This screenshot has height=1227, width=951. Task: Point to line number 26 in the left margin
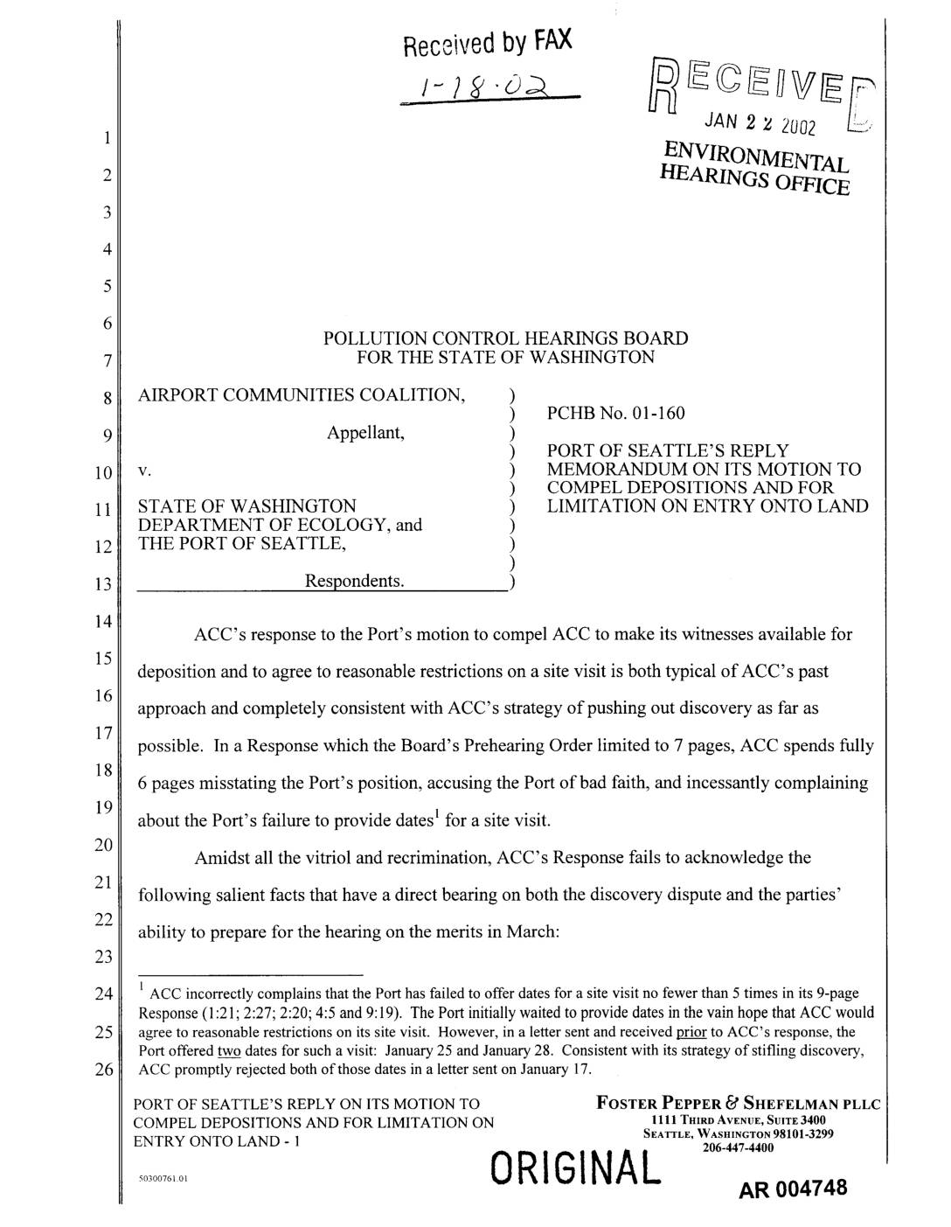103,1070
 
